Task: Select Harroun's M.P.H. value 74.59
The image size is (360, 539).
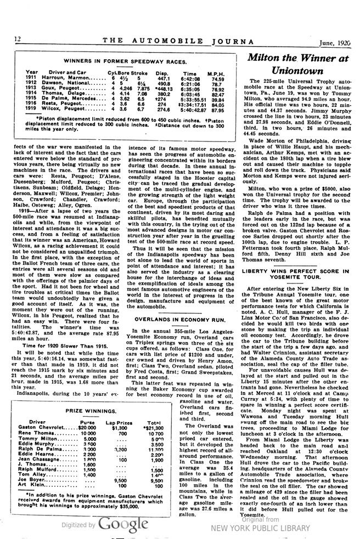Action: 217,78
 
